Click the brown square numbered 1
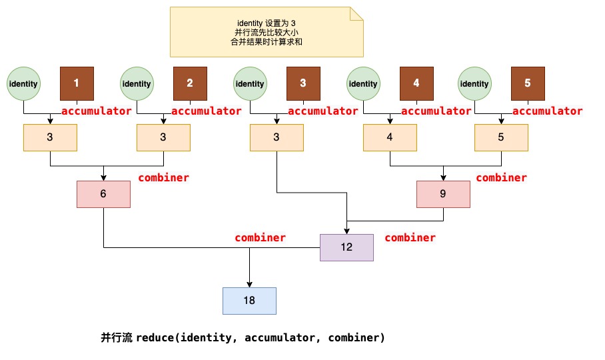pyautogui.click(x=77, y=83)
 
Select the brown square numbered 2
pyautogui.click(x=190, y=83)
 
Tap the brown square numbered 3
pyautogui.click(x=303, y=83)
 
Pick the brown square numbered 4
pyautogui.click(x=416, y=83)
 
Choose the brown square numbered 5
pyautogui.click(x=528, y=83)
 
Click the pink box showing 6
pyautogui.click(x=103, y=193)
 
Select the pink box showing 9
pyautogui.click(x=443, y=193)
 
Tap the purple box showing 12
pyautogui.click(x=346, y=247)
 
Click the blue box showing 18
pyautogui.click(x=249, y=301)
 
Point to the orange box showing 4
pyautogui.click(x=390, y=137)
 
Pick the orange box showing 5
pyautogui.click(x=501, y=137)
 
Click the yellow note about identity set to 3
pyautogui.click(x=267, y=32)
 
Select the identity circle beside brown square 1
pyautogui.click(x=23, y=84)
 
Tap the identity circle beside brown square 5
pyautogui.click(x=474, y=84)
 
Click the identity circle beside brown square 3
pyautogui.click(x=250, y=84)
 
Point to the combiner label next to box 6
pyautogui.click(x=163, y=178)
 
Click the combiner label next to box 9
pyautogui.click(x=501, y=178)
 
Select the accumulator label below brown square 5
pyautogui.click(x=547, y=111)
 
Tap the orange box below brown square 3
pyautogui.click(x=277, y=137)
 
